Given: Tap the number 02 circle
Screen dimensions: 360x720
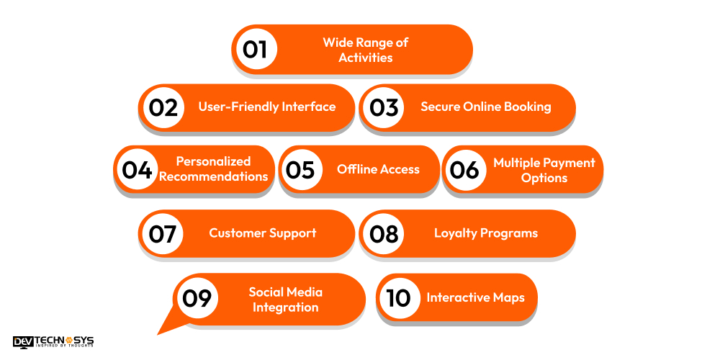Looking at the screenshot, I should pos(163,107).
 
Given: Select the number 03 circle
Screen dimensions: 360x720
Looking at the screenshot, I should pos(384,107).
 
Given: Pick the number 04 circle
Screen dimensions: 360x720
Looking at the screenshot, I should pos(137,170).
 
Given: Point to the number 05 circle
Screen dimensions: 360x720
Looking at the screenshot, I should pos(300,170).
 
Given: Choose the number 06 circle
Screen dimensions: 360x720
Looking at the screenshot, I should pos(464,170).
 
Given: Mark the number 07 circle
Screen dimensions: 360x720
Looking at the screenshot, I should pos(163,233).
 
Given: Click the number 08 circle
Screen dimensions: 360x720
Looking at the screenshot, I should pos(384,233).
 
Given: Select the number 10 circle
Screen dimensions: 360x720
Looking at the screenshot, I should pos(399,297).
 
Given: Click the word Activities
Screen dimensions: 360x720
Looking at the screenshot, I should pos(366,58).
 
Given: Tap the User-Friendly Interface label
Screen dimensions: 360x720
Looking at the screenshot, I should pos(267,107).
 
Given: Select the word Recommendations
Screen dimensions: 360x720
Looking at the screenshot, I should pos(214,177).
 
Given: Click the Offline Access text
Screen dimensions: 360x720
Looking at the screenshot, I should pos(378,170).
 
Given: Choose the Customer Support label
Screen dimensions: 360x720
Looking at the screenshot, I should pos(263,233).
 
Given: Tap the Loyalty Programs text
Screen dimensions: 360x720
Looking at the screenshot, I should pos(486,233).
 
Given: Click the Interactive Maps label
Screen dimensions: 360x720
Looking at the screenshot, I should pos(475,297).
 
